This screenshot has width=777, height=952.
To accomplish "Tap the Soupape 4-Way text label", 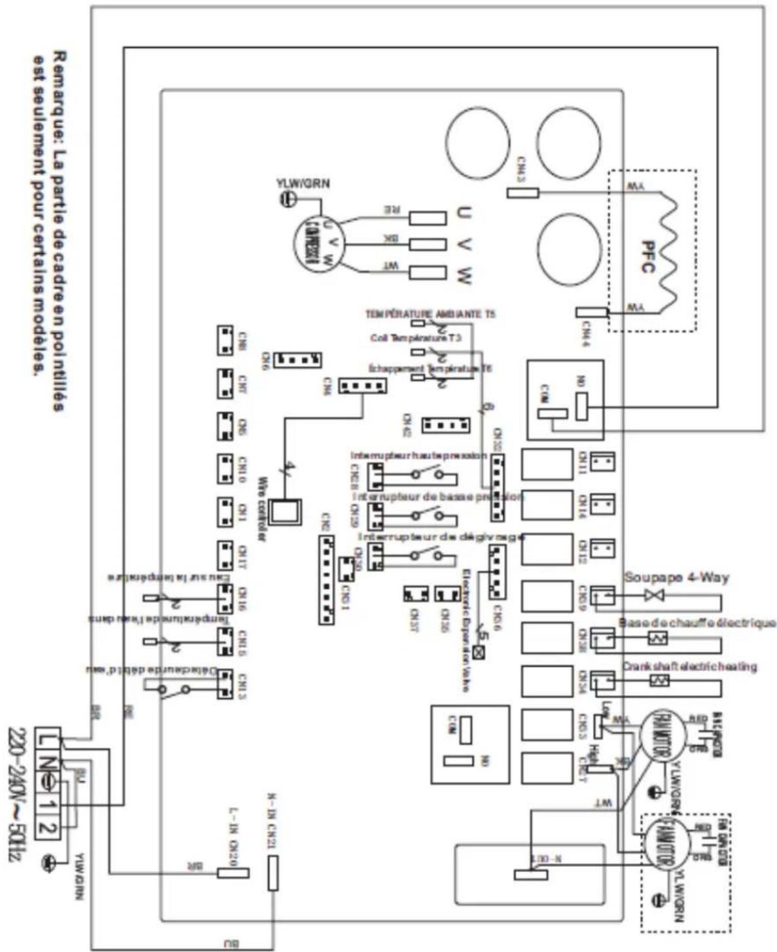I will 676,577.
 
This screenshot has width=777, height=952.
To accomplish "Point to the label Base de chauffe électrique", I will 696,623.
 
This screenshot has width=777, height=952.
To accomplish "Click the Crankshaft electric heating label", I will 689,666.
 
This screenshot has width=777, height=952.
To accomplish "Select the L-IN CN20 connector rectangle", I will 233,873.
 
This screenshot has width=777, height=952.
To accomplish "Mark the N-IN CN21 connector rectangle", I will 273,873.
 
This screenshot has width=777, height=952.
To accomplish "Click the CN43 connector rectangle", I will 522,192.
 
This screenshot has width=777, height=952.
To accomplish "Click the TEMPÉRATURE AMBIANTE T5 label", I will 430,314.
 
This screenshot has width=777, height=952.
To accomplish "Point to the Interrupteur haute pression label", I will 418,455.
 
